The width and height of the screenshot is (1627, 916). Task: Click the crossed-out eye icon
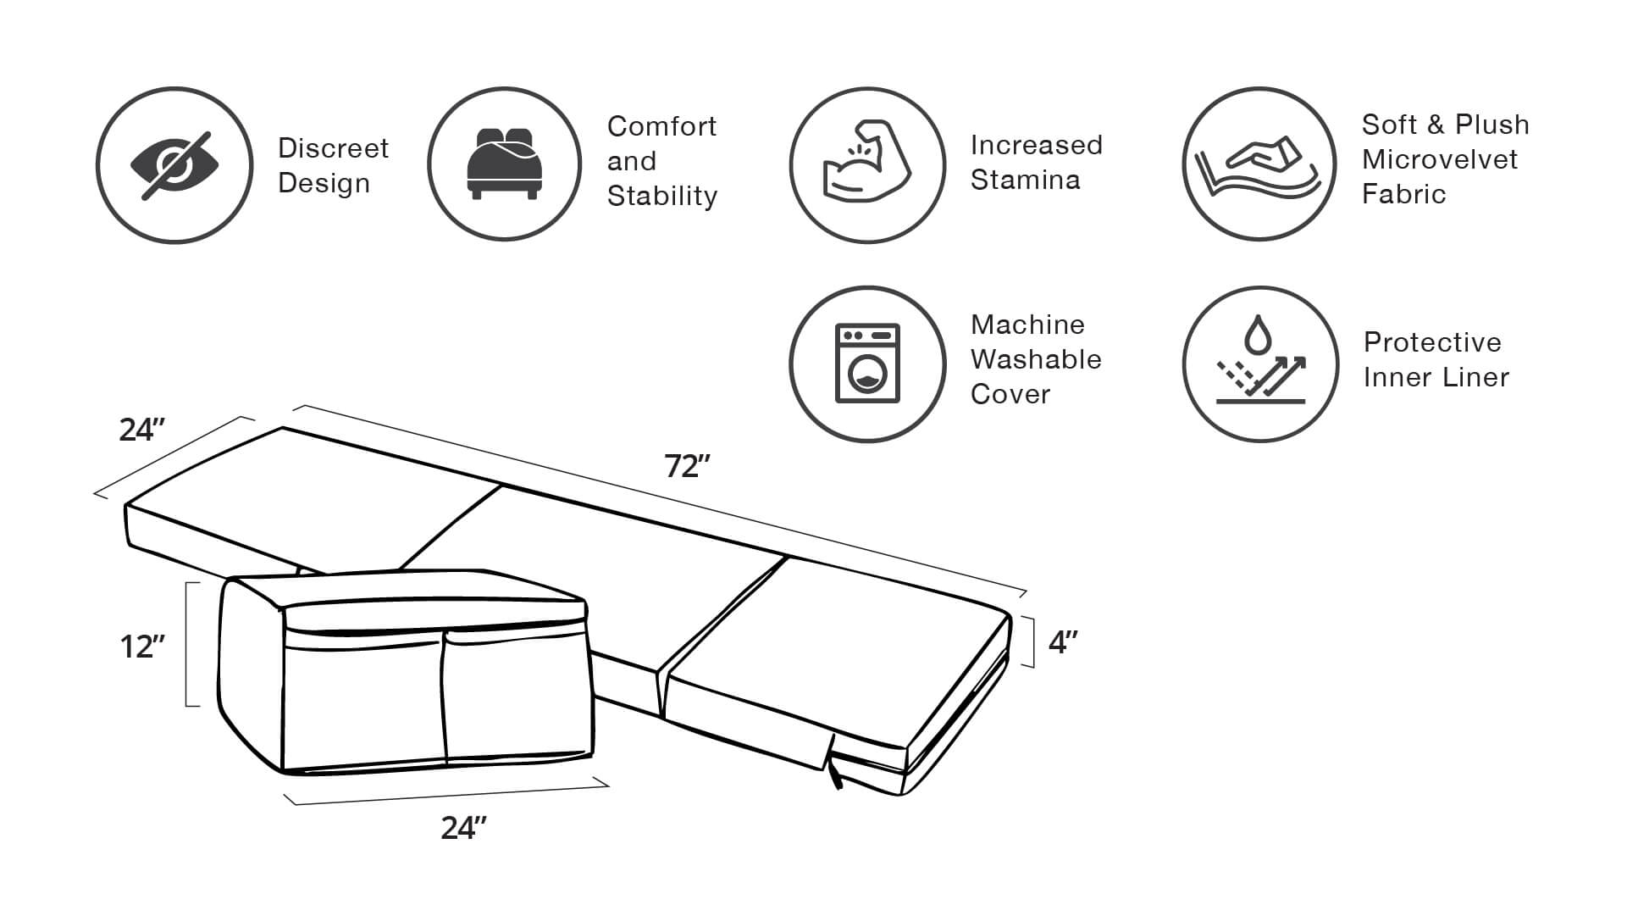click(x=174, y=165)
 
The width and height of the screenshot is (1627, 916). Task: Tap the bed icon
click(x=504, y=164)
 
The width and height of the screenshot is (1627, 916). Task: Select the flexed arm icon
click(x=866, y=164)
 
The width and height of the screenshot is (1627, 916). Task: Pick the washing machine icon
click(x=867, y=363)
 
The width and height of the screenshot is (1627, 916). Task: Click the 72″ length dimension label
click(x=687, y=465)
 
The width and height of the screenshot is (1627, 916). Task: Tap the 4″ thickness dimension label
click(x=1063, y=642)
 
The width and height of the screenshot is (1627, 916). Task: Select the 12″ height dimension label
click(x=141, y=647)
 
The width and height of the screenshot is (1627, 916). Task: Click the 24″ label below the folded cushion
click(x=463, y=828)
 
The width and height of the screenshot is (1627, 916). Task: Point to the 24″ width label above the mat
click(x=141, y=430)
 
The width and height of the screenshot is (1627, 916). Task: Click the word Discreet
click(x=333, y=148)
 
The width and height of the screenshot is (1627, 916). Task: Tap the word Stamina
click(x=1025, y=180)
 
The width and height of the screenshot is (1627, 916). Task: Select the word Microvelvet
click(x=1439, y=159)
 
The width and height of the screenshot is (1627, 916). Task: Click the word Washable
click(x=1036, y=359)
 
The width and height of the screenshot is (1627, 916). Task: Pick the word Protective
click(x=1432, y=342)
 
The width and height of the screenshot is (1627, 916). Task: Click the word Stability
click(x=661, y=196)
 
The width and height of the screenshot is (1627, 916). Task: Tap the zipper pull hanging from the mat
click(x=835, y=773)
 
